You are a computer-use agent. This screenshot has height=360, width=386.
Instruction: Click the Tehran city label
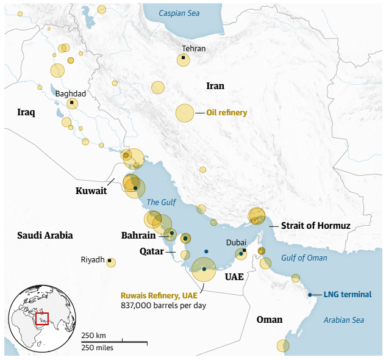click(194, 49)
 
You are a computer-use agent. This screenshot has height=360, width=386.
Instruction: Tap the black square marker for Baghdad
click(71, 103)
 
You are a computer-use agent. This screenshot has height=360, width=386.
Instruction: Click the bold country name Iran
click(215, 86)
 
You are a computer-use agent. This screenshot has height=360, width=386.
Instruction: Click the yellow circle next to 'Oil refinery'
click(185, 113)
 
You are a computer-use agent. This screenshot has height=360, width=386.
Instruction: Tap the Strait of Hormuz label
click(315, 226)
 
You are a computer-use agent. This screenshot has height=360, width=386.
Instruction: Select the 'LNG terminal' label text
click(347, 295)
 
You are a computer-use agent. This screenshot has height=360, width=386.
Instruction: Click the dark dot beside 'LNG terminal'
click(310, 295)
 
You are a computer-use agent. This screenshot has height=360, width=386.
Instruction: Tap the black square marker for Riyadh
click(110, 261)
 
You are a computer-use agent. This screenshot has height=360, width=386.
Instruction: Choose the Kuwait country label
click(91, 191)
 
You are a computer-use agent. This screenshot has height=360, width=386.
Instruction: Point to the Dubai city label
click(236, 242)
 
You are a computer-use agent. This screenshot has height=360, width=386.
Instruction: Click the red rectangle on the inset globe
click(41, 319)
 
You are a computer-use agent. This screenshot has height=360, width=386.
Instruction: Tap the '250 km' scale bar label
click(93, 336)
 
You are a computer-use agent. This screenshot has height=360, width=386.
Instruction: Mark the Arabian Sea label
click(343, 320)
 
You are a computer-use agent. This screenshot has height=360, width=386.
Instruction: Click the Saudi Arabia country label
click(45, 235)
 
